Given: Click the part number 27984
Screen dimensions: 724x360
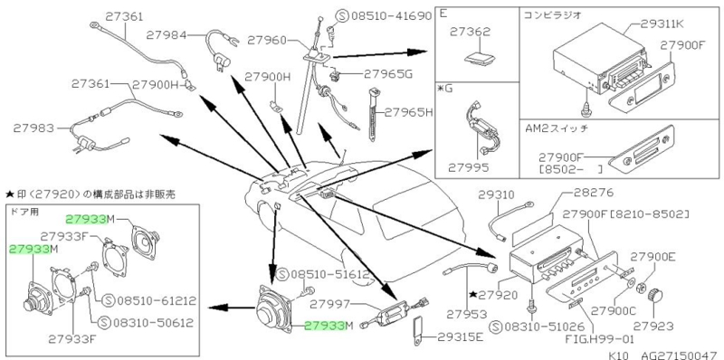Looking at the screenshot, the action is point(167,34).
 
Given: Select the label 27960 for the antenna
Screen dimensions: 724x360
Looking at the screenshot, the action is point(267,40).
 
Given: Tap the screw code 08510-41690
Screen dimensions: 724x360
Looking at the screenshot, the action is point(392,17).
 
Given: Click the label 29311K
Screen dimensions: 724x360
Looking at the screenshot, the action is point(662,24).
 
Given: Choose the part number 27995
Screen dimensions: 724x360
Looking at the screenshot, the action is point(469,167).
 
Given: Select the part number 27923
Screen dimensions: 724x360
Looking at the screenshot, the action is point(652,327).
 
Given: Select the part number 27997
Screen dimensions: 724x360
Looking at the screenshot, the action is point(329,304).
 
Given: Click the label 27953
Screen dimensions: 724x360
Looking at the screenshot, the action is point(467,314).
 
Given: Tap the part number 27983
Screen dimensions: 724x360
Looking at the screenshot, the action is point(33,128).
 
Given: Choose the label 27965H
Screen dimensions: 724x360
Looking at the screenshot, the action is point(409,111).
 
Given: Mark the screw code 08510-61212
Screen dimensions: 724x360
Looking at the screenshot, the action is point(157,301).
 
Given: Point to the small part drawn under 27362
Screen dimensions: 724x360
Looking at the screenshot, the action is point(480,59).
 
